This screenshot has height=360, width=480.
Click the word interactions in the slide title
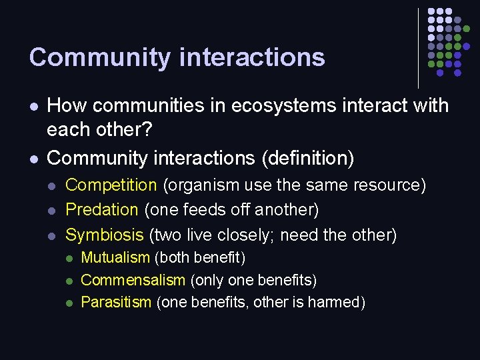click(253, 57)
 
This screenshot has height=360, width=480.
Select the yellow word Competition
click(111, 185)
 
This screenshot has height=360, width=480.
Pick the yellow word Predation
click(101, 210)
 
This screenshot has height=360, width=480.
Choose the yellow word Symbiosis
click(104, 235)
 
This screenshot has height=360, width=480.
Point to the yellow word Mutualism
click(115, 258)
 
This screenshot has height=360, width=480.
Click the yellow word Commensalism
click(133, 280)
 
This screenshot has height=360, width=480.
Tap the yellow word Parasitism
click(116, 303)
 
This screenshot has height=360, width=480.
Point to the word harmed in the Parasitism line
click(337, 303)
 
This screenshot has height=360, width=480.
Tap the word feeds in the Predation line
click(193, 210)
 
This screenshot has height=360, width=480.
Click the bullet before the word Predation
click(53, 210)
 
